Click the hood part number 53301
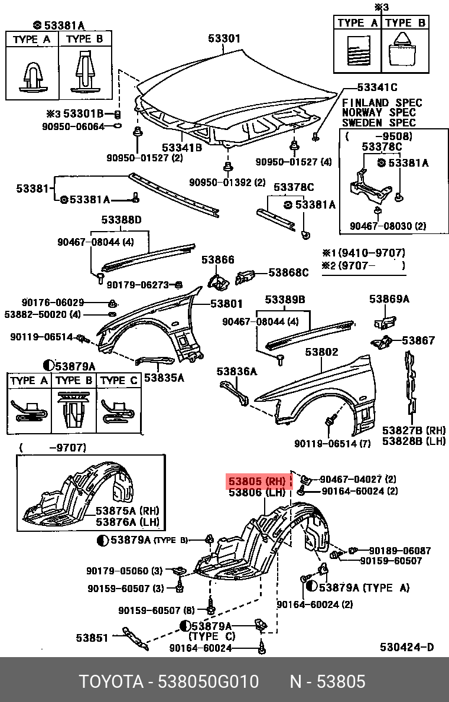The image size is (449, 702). click(224, 39)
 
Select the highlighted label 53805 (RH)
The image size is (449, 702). click(257, 481)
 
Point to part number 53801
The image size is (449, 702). click(226, 304)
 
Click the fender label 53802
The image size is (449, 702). click(321, 352)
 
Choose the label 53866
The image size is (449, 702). click(218, 259)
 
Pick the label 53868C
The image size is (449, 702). click(288, 272)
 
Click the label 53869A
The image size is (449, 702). click(389, 299)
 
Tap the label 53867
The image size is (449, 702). click(418, 340)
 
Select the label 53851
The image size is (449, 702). click(92, 638)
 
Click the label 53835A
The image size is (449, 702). click(164, 376)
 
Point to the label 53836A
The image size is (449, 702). click(237, 371)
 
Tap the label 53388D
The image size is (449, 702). click(121, 220)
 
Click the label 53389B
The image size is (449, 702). click(285, 300)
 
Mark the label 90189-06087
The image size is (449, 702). click(399, 550)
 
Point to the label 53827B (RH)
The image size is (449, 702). click(414, 430)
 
